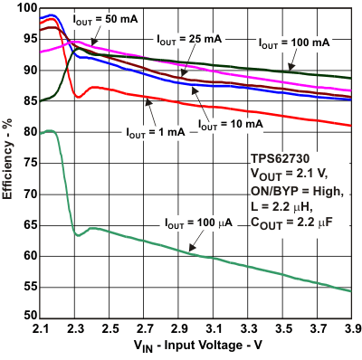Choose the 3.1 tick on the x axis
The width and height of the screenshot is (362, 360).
214,329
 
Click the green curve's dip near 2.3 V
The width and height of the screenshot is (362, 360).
78,235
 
